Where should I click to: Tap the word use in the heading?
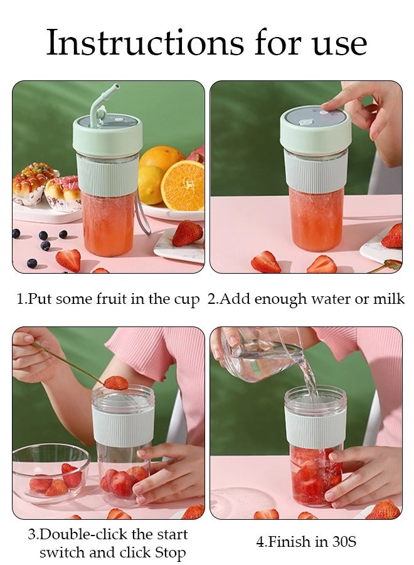click(x=340, y=46)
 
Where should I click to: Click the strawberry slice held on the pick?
click(x=116, y=383)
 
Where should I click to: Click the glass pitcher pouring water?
click(x=262, y=354)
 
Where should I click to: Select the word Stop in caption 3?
click(x=170, y=553)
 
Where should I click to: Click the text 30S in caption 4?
click(x=344, y=542)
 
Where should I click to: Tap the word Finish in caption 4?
click(x=292, y=542)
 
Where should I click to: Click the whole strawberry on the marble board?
click(x=187, y=233)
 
